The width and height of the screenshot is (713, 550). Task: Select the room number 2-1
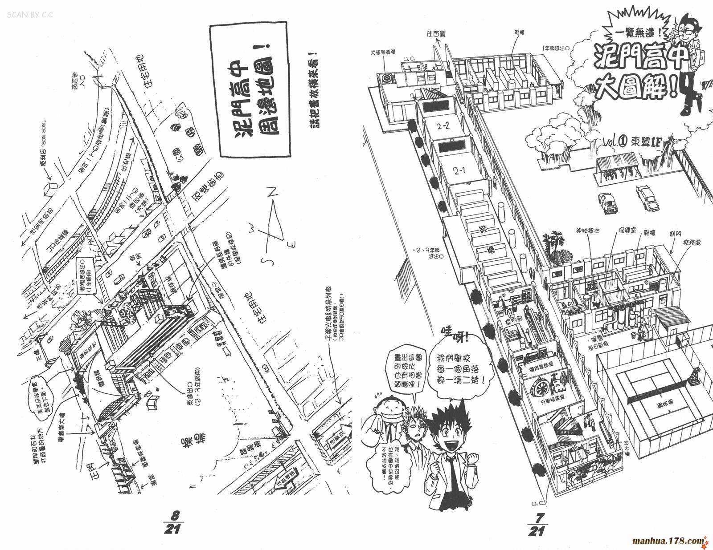[459, 170]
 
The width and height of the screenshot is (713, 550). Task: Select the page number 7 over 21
[536, 524]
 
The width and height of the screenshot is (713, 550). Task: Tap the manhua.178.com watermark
[669, 541]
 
